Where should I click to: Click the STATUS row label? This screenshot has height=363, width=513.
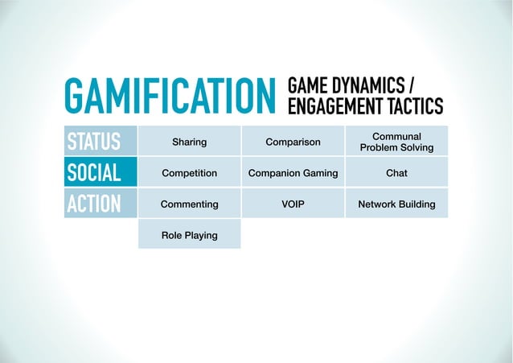(95, 142)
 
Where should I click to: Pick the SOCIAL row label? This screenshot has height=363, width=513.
(95, 173)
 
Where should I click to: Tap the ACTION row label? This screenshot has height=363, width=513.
(95, 204)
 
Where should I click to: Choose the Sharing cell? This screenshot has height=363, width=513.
(189, 142)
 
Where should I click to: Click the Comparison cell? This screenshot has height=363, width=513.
(293, 142)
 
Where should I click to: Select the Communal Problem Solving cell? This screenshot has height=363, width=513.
(396, 142)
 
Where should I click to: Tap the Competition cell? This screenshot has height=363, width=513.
(189, 173)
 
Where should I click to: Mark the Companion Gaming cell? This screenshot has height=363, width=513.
(293, 173)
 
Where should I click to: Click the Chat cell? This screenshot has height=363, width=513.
(396, 173)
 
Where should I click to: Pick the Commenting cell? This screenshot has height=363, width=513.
(189, 204)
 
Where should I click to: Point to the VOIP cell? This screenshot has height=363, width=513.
(293, 204)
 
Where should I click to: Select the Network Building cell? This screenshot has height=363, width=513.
(396, 204)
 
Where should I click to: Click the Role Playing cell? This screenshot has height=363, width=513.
(189, 235)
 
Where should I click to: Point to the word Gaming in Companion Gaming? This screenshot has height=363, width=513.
(320, 173)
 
